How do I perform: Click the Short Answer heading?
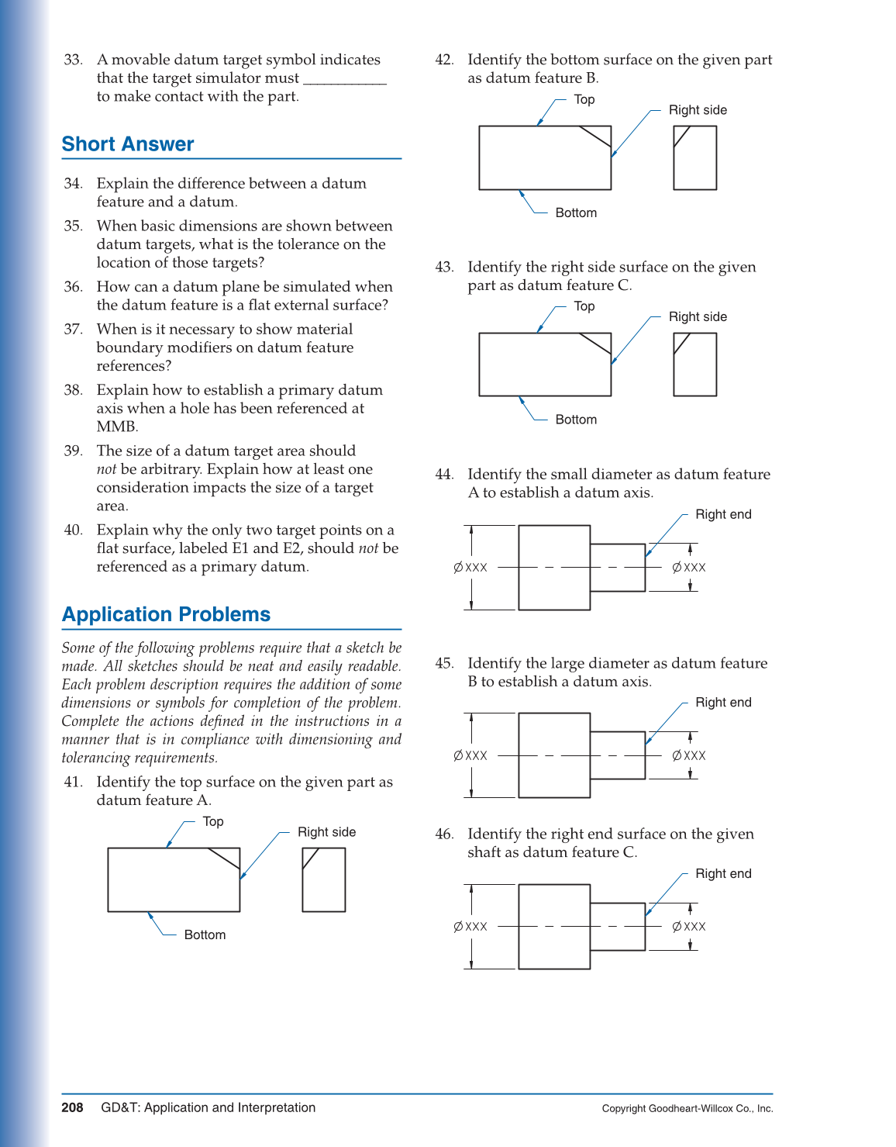(128, 144)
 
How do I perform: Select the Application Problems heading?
(166, 614)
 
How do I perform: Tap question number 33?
(73, 60)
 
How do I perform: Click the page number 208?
(72, 1107)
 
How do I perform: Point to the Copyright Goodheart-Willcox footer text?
(687, 1108)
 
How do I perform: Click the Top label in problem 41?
(213, 821)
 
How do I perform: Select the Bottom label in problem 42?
(576, 212)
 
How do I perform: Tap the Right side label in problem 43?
(698, 316)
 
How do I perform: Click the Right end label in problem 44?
(723, 514)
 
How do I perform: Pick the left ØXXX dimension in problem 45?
(470, 755)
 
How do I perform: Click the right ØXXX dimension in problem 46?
(689, 927)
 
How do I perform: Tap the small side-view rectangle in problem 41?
(323, 879)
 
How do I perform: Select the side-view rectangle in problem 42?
(694, 157)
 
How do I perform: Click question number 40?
(73, 530)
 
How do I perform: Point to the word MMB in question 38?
(116, 427)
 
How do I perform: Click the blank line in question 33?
(344, 78)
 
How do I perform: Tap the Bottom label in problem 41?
(205, 935)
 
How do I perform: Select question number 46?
(444, 834)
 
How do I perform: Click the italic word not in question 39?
(106, 469)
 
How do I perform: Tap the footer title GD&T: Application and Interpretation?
(208, 1107)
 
